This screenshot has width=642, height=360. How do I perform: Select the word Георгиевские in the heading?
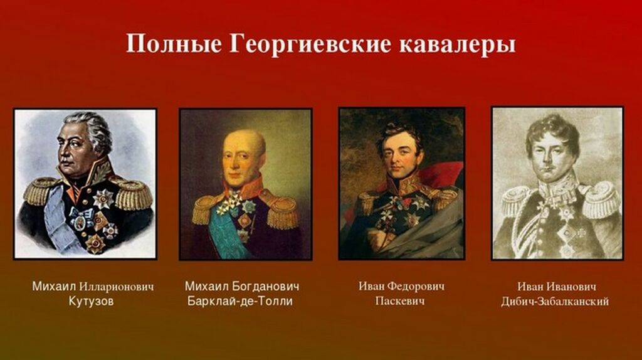point(310,43)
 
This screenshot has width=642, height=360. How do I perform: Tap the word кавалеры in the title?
point(457,45)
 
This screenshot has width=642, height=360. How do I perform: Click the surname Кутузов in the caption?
point(91,302)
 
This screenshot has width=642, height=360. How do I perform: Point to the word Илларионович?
point(117,286)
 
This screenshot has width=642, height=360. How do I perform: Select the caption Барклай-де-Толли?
point(240,302)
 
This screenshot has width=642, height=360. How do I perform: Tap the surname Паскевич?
point(400,301)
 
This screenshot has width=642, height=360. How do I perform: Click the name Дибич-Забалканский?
point(555,302)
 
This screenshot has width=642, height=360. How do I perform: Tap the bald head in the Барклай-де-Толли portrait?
point(243,144)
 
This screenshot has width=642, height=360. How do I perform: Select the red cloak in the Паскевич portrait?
point(440,174)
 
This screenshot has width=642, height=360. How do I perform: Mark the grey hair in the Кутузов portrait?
point(93,127)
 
